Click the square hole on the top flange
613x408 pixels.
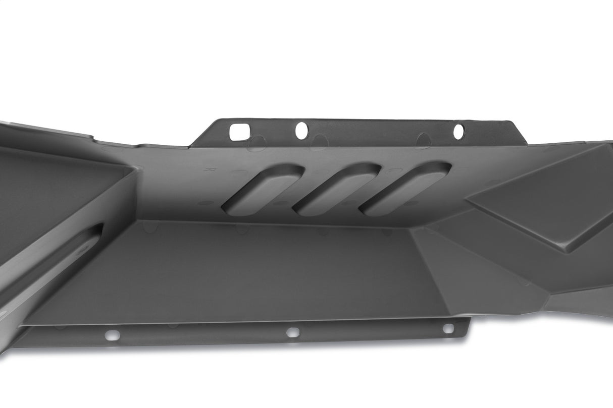click(237, 132)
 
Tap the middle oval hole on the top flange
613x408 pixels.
click(301, 131)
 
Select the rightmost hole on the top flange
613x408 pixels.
click(458, 132)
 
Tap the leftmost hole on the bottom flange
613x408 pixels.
click(112, 335)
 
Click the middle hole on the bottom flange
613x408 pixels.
click(293, 332)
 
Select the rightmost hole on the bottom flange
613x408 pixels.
click(448, 328)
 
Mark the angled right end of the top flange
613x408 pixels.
click(518, 132)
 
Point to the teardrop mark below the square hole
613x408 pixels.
click(256, 144)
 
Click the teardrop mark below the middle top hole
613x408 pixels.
click(319, 142)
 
